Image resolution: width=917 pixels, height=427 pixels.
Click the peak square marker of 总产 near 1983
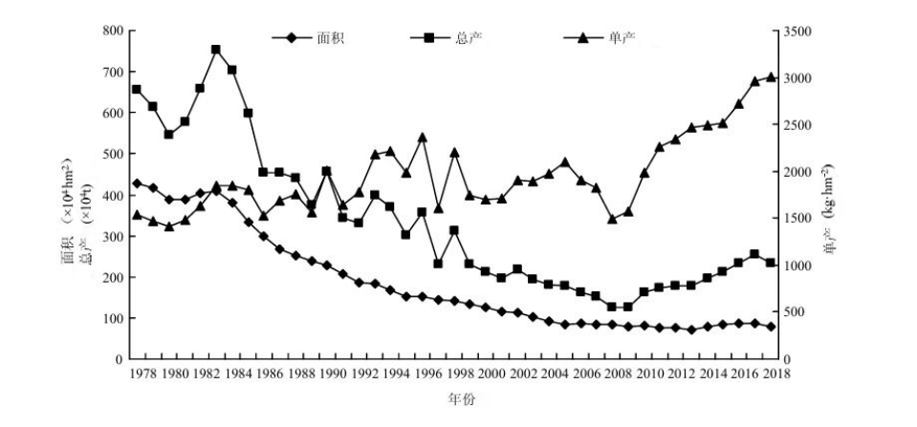click(216, 50)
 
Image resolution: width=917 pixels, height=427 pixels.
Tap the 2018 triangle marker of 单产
click(771, 77)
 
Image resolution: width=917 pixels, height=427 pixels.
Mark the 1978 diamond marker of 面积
click(137, 183)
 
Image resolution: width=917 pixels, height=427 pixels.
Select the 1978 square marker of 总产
click(137, 90)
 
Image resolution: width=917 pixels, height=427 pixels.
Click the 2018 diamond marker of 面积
click(771, 327)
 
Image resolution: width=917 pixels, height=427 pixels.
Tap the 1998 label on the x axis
click(460, 373)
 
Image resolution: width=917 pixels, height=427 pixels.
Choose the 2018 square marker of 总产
click(771, 263)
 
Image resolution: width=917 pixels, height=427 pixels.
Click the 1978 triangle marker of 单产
click(137, 215)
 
